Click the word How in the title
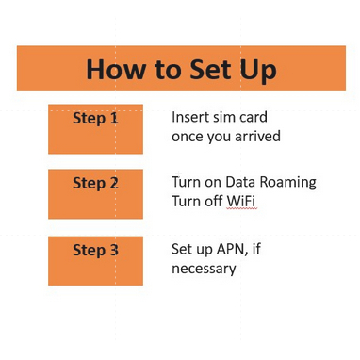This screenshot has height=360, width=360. coord(115,69)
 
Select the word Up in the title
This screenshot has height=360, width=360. coord(258,72)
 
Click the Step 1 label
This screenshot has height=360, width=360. coord(95,119)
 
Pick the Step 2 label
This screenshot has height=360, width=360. coord(95,184)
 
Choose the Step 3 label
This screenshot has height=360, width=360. coord(95,251)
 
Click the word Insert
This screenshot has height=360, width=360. coord(188,117)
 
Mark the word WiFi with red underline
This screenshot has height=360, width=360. coord(241,201)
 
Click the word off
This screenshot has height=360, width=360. coord(214,201)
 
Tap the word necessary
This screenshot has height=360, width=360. coord(204,270)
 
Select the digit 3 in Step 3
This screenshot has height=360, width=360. coord(114,250)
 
